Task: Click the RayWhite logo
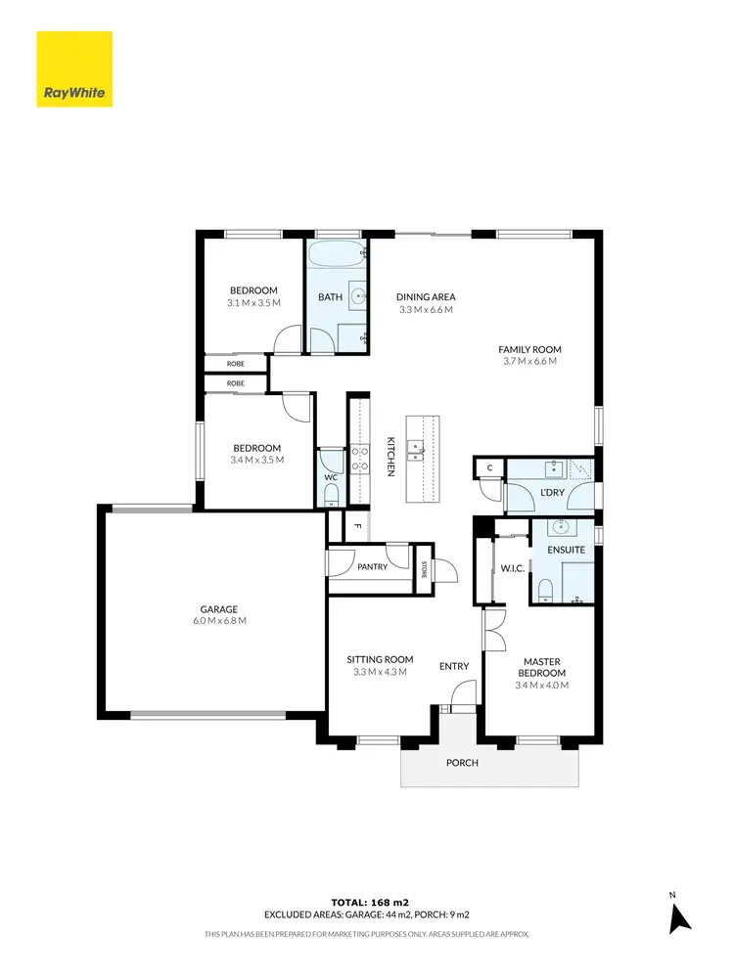pyautogui.click(x=74, y=69)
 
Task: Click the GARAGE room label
pyautogui.click(x=220, y=609)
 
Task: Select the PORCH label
pyautogui.click(x=462, y=763)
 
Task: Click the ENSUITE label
pyautogui.click(x=566, y=550)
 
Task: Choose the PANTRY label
pyautogui.click(x=373, y=566)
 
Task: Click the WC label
pyautogui.click(x=331, y=478)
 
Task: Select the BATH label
pyautogui.click(x=330, y=297)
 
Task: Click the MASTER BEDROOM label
pyautogui.click(x=540, y=667)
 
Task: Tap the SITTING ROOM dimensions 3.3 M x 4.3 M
pyautogui.click(x=380, y=672)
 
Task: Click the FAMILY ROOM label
pyautogui.click(x=529, y=349)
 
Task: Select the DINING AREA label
pyautogui.click(x=426, y=297)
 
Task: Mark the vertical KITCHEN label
pyautogui.click(x=390, y=456)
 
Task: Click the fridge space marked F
pyautogui.click(x=357, y=526)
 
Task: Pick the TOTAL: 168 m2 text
pyautogui.click(x=367, y=902)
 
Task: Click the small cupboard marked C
pyautogui.click(x=489, y=469)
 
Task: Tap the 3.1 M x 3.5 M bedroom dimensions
pyautogui.click(x=253, y=303)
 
